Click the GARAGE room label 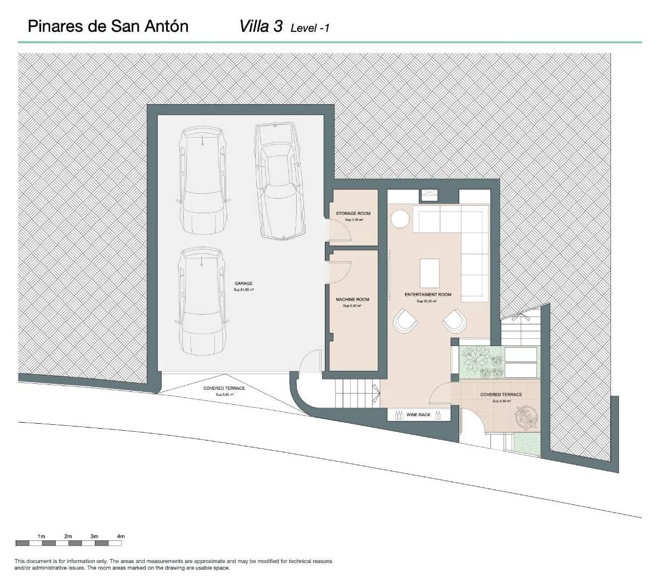pyautogui.click(x=243, y=283)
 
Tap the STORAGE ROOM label pyautogui.click(x=353, y=214)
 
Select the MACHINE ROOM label pyautogui.click(x=352, y=300)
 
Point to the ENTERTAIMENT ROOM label pyautogui.click(x=428, y=295)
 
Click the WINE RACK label pyautogui.click(x=418, y=415)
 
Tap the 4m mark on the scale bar pyautogui.click(x=121, y=536)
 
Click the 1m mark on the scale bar pyautogui.click(x=42, y=536)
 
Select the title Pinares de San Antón pyautogui.click(x=108, y=26)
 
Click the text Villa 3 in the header pyautogui.click(x=261, y=26)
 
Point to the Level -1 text pyautogui.click(x=310, y=28)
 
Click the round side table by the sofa pyautogui.click(x=401, y=219)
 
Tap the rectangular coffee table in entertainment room pyautogui.click(x=430, y=273)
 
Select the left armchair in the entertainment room pyautogui.click(x=405, y=321)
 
